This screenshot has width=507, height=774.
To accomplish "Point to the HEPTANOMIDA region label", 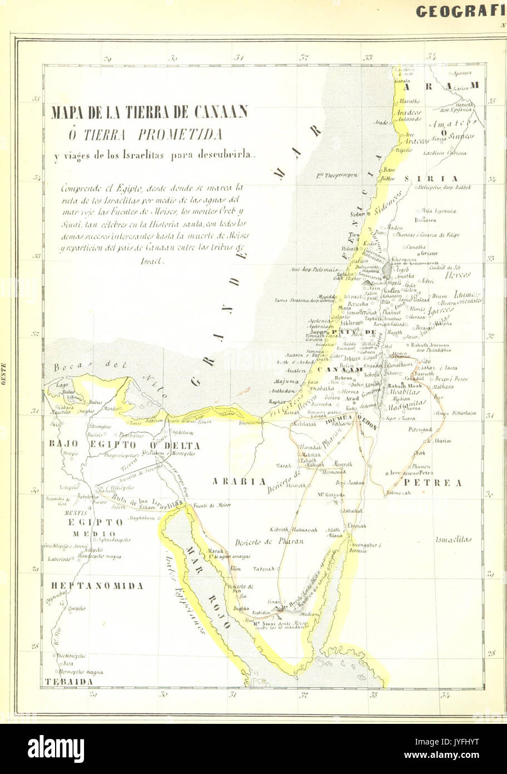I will [x=98, y=586].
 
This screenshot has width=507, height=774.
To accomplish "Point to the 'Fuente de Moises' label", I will [x=212, y=505].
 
